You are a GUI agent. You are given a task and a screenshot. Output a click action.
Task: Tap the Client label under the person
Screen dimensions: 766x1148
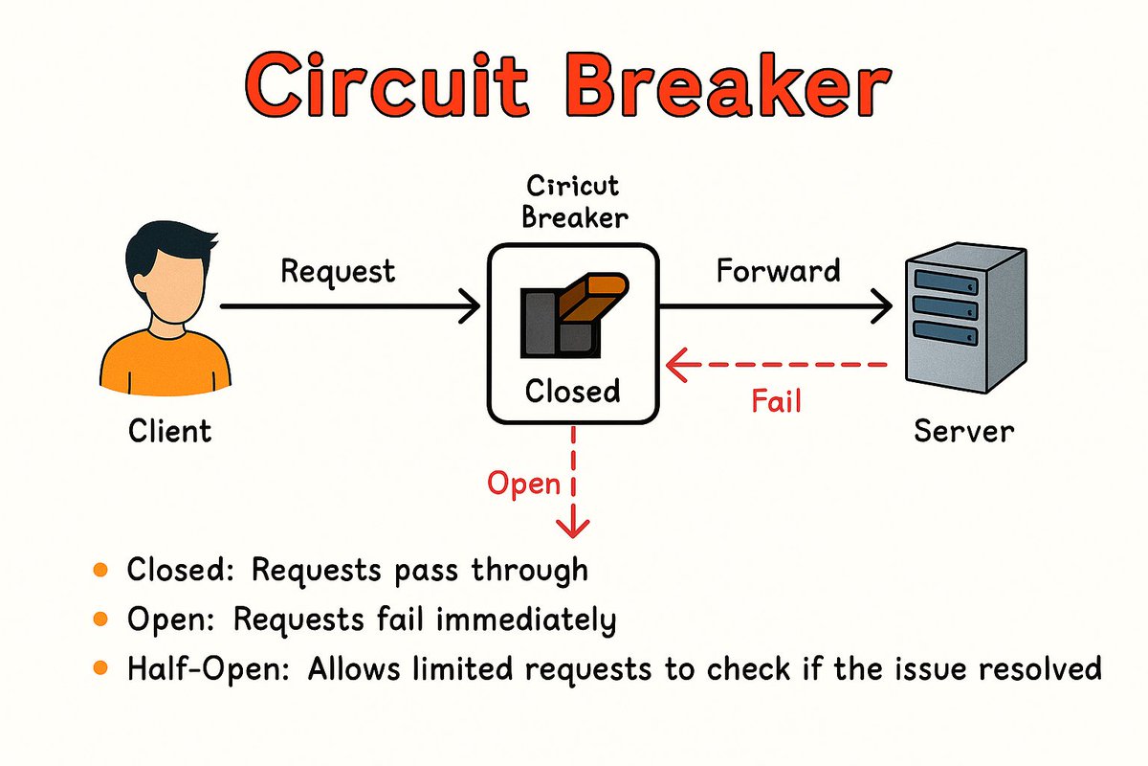coord(170,431)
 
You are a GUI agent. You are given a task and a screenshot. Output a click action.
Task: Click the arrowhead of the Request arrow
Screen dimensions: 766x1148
coord(470,307)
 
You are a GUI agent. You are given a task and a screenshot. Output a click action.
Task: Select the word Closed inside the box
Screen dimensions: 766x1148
coord(573,391)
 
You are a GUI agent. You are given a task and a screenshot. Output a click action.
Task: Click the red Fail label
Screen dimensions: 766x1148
coord(776,400)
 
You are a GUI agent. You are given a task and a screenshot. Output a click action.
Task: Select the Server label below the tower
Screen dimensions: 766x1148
coord(963,431)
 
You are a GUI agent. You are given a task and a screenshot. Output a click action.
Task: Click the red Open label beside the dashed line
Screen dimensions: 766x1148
coord(523,483)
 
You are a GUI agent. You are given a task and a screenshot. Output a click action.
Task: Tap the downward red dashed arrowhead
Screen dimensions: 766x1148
coord(573,526)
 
